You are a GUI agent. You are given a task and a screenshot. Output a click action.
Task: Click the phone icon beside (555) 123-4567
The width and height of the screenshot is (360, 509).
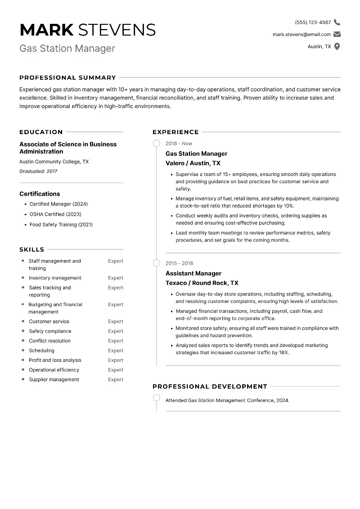337,22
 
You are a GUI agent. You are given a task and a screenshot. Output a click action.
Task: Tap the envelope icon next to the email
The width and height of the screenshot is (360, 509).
337,34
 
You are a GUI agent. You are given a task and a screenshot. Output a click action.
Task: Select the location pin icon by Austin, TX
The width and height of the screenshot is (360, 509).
337,46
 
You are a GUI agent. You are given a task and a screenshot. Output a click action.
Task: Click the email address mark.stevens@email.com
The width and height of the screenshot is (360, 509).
301,34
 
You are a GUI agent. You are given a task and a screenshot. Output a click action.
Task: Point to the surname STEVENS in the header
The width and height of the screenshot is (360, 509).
117,30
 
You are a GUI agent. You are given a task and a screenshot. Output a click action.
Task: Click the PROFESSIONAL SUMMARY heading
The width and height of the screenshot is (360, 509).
67,77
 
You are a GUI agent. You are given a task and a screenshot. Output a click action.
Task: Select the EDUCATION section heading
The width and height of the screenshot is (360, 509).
41,132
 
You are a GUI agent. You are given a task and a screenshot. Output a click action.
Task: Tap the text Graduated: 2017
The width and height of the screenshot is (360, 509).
38,171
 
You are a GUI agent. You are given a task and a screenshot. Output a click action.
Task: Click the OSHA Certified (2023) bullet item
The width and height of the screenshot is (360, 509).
55,214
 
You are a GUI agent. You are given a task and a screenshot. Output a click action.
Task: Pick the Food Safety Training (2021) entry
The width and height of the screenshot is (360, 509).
61,225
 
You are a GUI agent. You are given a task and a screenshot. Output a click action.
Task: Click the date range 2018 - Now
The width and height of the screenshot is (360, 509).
179,144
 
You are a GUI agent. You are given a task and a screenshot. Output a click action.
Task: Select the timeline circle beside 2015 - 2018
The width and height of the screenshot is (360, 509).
156,263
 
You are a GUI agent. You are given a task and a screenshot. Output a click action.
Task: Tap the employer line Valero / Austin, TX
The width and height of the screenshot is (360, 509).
193,163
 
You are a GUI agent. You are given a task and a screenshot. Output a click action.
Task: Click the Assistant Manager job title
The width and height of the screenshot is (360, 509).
193,273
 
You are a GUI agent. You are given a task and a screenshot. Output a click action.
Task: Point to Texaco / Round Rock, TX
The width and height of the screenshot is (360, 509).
202,283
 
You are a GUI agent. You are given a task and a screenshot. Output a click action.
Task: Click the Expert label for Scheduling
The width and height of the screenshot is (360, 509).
116,351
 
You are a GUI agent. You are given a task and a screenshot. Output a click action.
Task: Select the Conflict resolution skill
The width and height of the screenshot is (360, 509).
49,341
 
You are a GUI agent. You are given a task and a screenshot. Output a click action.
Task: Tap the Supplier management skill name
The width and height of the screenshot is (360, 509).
54,379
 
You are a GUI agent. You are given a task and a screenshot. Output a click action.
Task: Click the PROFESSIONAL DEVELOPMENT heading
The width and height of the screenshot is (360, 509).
210,386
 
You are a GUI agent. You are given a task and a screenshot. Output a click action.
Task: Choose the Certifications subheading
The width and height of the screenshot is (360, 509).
40,194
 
